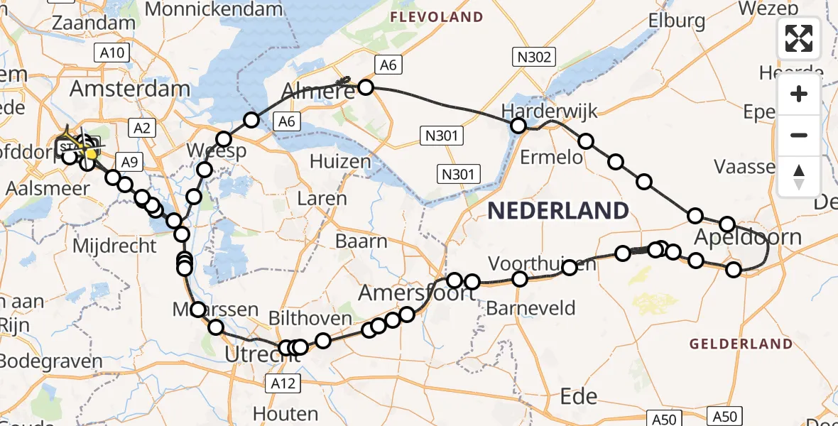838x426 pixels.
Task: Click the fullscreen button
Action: [x=799, y=38]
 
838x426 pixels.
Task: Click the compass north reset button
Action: [x=799, y=176]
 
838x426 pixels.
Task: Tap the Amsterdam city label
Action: [x=131, y=89]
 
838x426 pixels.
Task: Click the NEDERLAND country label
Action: [x=557, y=210]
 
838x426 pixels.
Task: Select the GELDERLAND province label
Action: [x=741, y=344]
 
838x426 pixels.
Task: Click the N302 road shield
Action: [x=534, y=58]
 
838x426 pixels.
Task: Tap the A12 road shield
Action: [x=284, y=384]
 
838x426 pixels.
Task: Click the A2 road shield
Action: [x=141, y=128]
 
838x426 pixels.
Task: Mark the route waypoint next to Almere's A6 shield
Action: [x=365, y=87]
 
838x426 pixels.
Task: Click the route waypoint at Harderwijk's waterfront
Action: [x=518, y=126]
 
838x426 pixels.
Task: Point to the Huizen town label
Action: [x=341, y=162]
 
